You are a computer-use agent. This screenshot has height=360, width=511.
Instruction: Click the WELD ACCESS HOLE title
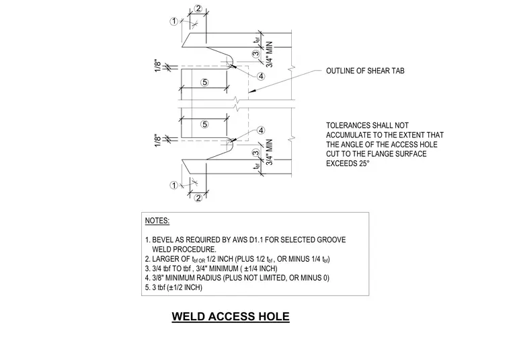click(x=231, y=316)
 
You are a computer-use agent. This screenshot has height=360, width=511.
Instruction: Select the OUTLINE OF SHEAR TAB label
click(x=365, y=71)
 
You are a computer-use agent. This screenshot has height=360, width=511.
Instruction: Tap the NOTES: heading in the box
click(x=157, y=221)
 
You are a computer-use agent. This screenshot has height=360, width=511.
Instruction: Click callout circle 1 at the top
click(x=174, y=21)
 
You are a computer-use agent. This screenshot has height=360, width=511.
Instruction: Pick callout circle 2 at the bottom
click(x=198, y=198)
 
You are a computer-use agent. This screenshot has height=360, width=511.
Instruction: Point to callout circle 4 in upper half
click(x=261, y=76)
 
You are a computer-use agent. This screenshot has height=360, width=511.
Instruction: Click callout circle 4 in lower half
click(x=261, y=131)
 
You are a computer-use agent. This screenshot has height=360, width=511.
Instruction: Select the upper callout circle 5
click(x=204, y=82)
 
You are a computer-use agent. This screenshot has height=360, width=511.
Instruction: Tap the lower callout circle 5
click(x=204, y=124)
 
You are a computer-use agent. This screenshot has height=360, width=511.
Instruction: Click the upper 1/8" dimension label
click(x=158, y=65)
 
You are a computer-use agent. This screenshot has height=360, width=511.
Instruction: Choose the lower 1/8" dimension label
click(x=158, y=141)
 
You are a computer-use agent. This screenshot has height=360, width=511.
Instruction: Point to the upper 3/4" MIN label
click(x=269, y=55)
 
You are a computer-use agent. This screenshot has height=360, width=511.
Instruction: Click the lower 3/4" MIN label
click(x=269, y=152)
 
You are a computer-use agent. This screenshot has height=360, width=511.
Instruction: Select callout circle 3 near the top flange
click(x=256, y=54)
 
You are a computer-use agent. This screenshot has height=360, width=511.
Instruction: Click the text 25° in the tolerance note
click(x=364, y=164)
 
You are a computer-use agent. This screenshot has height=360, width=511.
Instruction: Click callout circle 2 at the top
click(x=198, y=9)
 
